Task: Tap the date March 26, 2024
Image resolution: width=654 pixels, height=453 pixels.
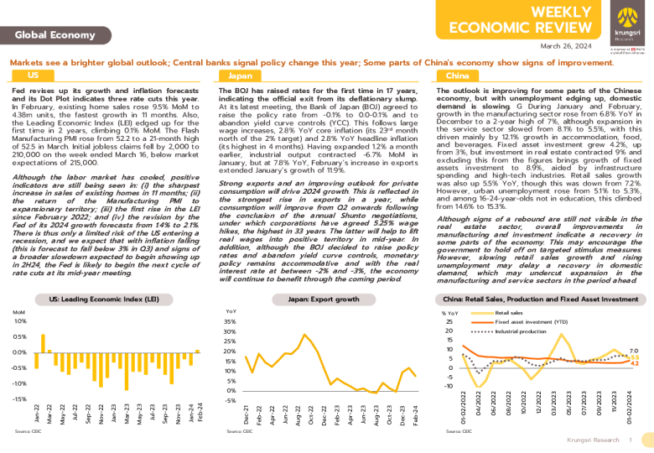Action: coord(567,46)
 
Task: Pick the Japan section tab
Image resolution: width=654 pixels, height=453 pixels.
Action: coord(241,75)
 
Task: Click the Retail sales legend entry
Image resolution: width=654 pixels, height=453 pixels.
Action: coord(508,312)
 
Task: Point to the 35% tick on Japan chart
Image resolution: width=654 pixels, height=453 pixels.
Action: coord(231,321)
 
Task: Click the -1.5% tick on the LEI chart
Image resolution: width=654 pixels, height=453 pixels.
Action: coord(18,399)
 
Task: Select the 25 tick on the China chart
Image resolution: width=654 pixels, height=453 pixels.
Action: coord(449,321)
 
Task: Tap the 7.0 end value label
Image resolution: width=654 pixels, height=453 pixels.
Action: coord(633,350)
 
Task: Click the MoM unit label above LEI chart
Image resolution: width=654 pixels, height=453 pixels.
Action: coord(19,311)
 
